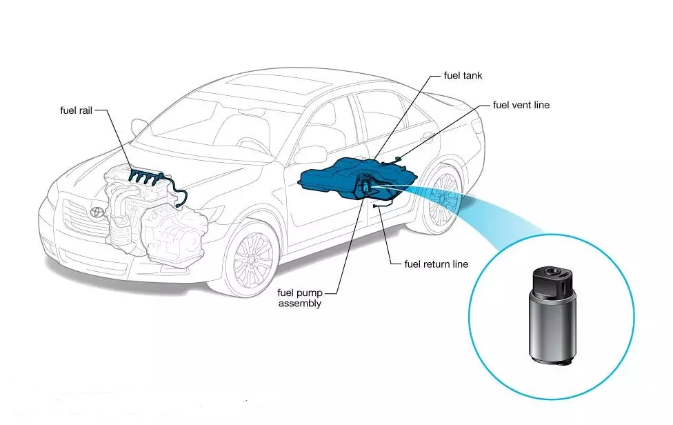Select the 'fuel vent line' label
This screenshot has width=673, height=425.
(521, 105)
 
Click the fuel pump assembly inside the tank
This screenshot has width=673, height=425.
(363, 187)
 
